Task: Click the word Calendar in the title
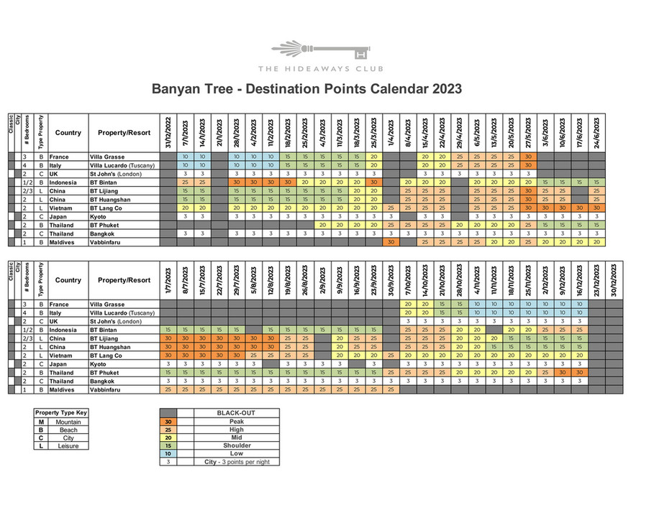pyautogui.click(x=391, y=90)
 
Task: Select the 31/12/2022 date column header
pyautogui.click(x=168, y=132)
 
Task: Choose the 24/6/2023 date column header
pyautogui.click(x=596, y=132)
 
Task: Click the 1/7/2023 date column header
pyautogui.click(x=168, y=279)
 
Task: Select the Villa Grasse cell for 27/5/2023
pyautogui.click(x=527, y=157)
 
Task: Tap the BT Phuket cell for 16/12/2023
pyautogui.click(x=579, y=372)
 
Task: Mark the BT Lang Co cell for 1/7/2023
pyautogui.click(x=168, y=356)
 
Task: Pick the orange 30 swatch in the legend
pyautogui.click(x=168, y=422)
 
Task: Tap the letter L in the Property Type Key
pyautogui.click(x=41, y=446)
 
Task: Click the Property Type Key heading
pyautogui.click(x=61, y=413)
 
